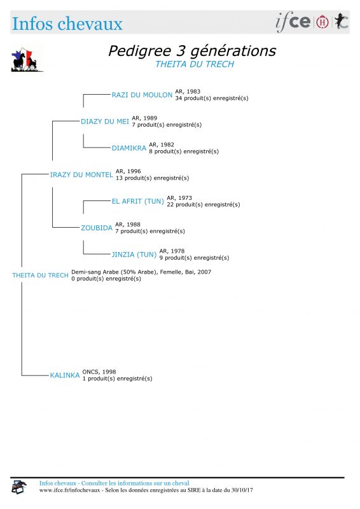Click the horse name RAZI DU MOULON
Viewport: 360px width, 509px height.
point(142,95)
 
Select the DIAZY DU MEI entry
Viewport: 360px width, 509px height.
point(105,122)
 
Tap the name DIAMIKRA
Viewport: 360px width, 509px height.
point(129,148)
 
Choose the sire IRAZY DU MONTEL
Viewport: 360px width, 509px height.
point(81,174)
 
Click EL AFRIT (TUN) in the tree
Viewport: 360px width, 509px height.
point(137,201)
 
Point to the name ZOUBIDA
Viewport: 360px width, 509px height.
point(97,228)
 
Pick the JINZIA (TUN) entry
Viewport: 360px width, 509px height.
point(134,254)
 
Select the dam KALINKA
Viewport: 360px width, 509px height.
point(65,375)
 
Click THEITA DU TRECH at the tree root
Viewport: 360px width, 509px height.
point(40,275)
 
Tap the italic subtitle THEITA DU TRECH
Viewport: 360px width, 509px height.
point(195,64)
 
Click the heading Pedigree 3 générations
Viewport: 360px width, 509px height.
point(192,51)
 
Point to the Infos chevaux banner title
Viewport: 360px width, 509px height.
point(67,24)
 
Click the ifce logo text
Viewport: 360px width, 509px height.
point(293,22)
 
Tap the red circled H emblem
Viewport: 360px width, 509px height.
point(322,22)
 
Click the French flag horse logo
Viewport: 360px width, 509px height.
point(27,60)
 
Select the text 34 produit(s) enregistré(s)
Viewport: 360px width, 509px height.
point(212,98)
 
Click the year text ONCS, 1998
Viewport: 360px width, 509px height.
point(99,372)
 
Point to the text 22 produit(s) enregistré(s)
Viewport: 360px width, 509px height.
point(203,204)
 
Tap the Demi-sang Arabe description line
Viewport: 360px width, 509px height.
point(141,272)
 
